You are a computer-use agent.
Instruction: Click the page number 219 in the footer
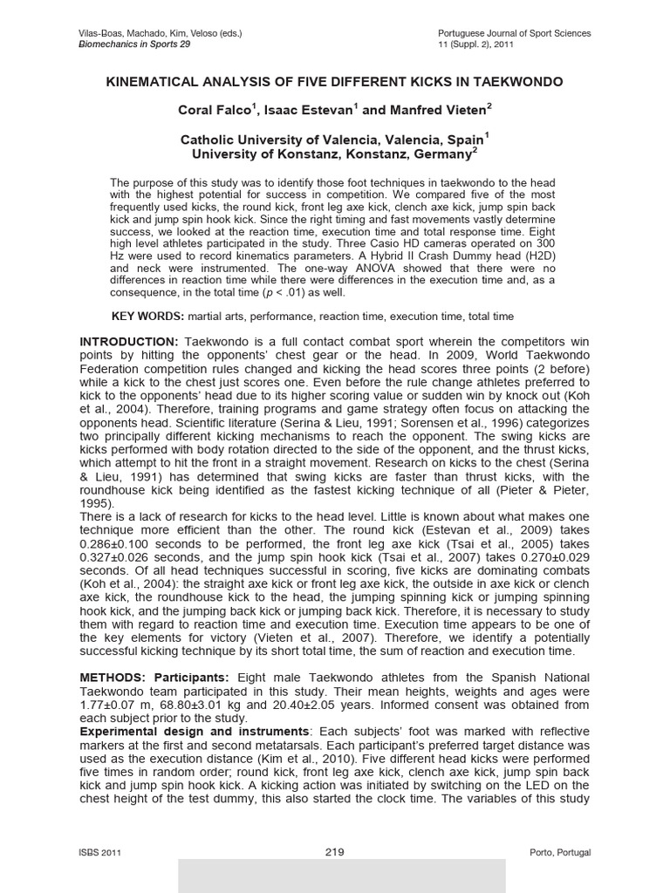click(x=335, y=851)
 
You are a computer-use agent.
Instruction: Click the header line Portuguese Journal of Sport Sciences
click(x=515, y=33)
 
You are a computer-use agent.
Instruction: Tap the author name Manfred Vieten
click(x=436, y=111)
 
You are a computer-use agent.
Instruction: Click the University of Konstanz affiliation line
click(x=334, y=153)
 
